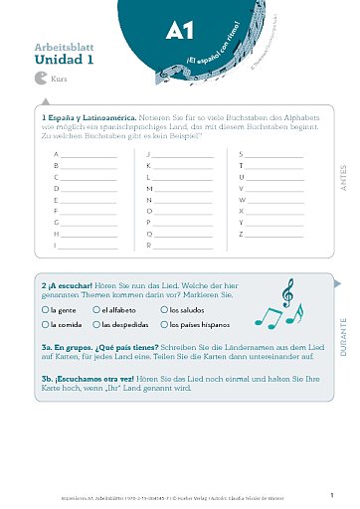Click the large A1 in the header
(180, 31)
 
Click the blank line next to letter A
(89, 156)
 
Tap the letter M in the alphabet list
(149, 188)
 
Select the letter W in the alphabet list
(242, 199)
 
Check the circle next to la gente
(46, 310)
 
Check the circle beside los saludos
(164, 310)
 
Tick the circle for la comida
(46, 324)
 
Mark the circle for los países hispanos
(164, 324)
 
